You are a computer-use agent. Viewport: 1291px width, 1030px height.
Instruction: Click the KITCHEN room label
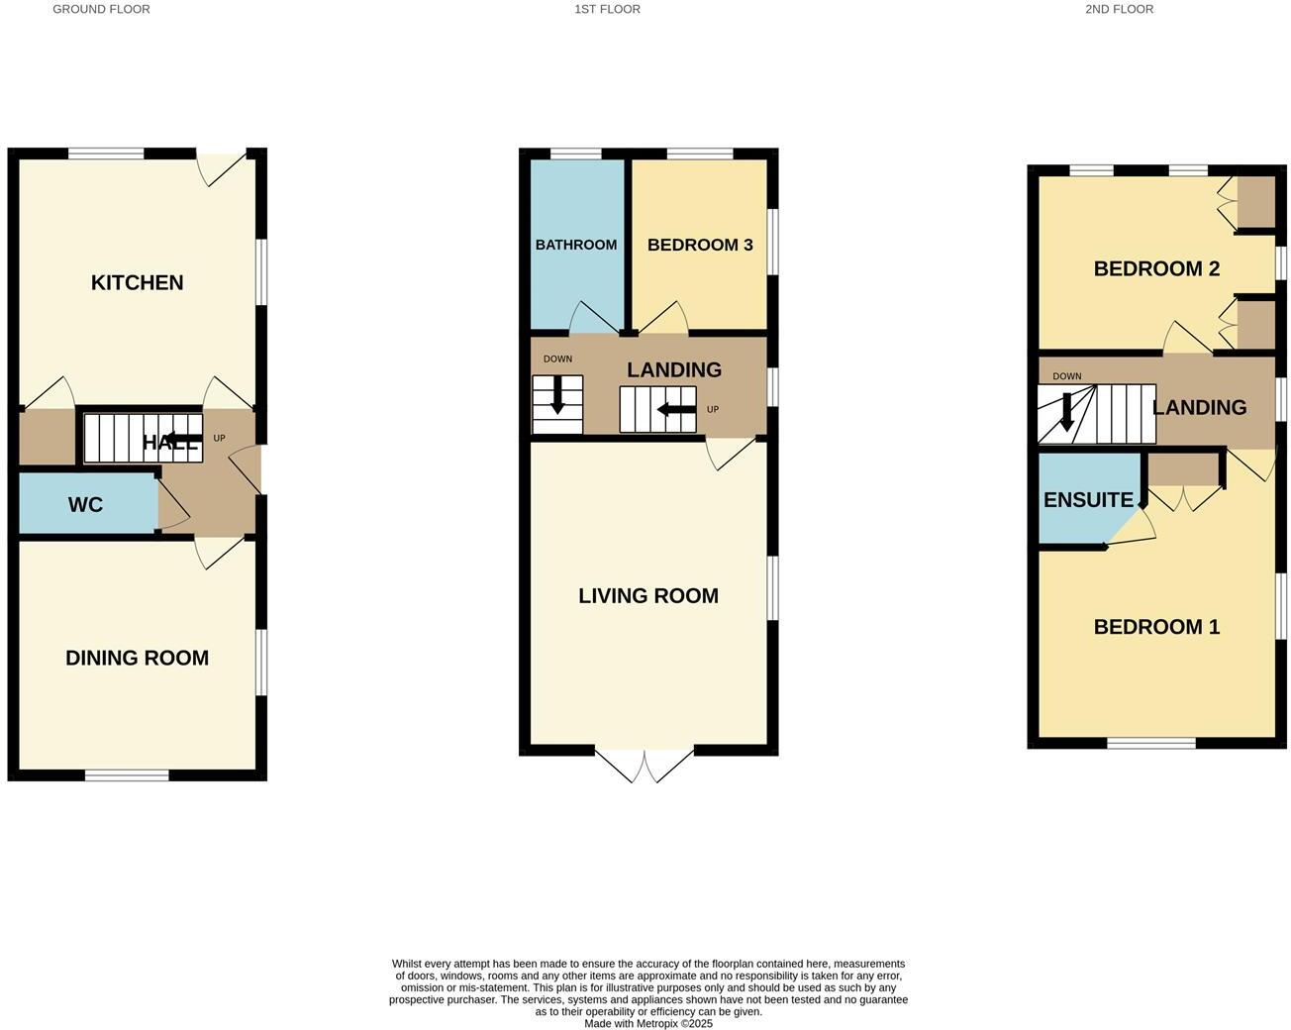[137, 282]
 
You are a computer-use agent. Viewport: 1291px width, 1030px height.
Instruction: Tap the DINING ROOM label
[137, 658]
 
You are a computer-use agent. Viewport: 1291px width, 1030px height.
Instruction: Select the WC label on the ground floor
[85, 505]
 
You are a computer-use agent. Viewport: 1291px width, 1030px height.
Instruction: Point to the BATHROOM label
[576, 245]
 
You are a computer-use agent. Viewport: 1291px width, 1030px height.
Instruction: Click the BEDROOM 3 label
[700, 245]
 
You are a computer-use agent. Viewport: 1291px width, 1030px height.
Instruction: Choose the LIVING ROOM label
[648, 595]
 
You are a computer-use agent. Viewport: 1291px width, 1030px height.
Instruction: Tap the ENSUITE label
[1088, 500]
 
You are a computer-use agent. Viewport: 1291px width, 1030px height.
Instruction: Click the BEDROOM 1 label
[1156, 627]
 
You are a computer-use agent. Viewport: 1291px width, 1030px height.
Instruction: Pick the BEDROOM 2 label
[1156, 268]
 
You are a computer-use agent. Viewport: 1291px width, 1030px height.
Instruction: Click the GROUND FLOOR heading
[101, 9]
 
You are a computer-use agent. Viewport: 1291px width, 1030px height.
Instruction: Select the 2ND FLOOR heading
[1119, 9]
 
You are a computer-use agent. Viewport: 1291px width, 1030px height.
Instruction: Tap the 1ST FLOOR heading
[607, 9]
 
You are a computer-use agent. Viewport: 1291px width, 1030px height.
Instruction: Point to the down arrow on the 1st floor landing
[557, 394]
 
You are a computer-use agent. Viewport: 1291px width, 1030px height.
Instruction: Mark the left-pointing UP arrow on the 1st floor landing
[676, 410]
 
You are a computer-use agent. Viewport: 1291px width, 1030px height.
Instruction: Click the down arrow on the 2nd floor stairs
[1066, 411]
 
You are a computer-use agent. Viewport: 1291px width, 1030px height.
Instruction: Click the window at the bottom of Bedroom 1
[1151, 743]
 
